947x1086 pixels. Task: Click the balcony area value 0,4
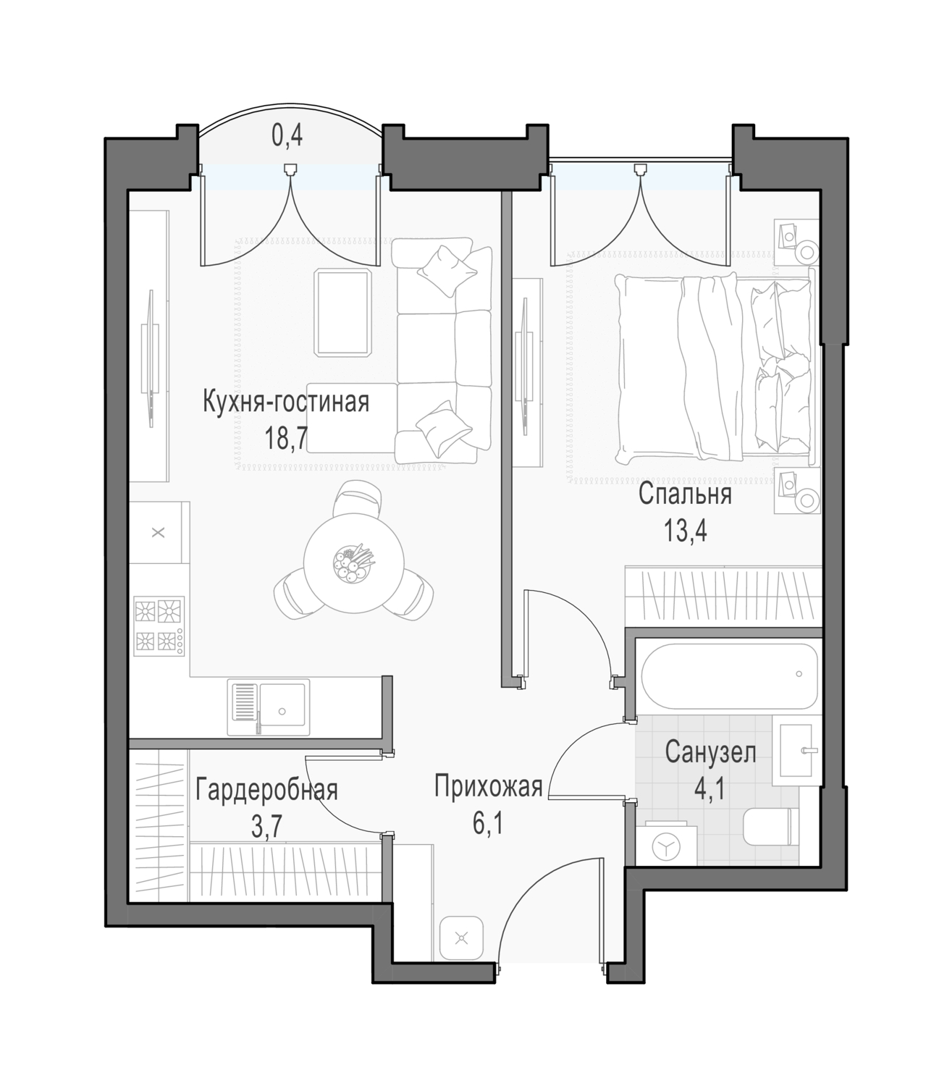(x=287, y=136)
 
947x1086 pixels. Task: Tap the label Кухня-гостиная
(x=286, y=402)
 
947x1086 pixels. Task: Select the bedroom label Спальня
(x=686, y=494)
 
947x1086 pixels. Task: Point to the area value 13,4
(x=686, y=530)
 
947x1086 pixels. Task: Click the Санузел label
(x=710, y=753)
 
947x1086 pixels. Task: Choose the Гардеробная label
(x=266, y=790)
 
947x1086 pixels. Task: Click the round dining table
(x=354, y=563)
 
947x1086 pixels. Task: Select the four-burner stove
(x=159, y=626)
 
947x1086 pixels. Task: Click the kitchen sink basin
(x=282, y=707)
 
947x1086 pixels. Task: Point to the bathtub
(x=729, y=676)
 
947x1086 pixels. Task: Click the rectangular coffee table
(x=343, y=312)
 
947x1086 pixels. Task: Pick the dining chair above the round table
(x=357, y=498)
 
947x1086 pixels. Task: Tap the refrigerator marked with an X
(x=158, y=532)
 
